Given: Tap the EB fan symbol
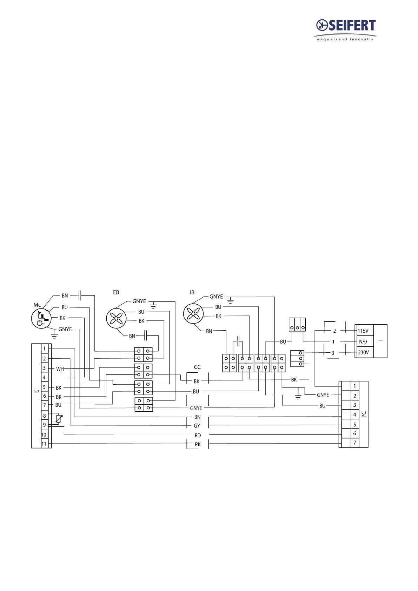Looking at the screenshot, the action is [116, 318].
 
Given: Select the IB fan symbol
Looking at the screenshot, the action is [193, 313].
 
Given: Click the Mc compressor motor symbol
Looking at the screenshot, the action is [41, 319].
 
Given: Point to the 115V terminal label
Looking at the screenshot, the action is [363, 331].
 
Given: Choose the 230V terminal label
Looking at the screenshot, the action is [363, 352].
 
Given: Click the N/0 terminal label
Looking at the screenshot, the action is [363, 341].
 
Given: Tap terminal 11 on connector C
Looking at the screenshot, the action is [44, 444].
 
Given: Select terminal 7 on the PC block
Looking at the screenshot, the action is [355, 443].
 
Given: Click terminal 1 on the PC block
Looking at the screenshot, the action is [355, 386].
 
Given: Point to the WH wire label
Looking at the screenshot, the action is [60, 369].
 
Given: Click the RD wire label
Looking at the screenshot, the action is [198, 436].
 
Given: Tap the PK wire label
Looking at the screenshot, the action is [198, 444].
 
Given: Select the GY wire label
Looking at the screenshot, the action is [197, 426].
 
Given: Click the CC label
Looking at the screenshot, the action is [197, 367].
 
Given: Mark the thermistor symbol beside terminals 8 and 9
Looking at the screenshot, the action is [59, 419].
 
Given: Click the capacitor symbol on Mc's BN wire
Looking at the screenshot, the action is [80, 295].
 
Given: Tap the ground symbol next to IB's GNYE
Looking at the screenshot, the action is [230, 300].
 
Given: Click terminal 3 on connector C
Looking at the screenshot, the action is [44, 368].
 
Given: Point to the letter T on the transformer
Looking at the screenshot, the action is [381, 341].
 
